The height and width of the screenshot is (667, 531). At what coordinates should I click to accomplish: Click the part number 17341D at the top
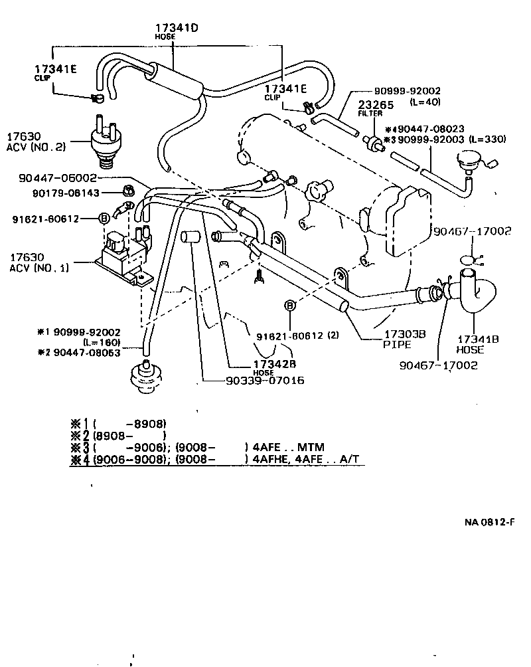[173, 28]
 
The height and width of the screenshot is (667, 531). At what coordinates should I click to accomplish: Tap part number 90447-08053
[84, 353]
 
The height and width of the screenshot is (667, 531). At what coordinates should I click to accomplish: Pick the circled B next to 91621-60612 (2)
[290, 306]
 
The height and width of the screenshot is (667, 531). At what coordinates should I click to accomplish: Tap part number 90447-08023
[443, 128]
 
